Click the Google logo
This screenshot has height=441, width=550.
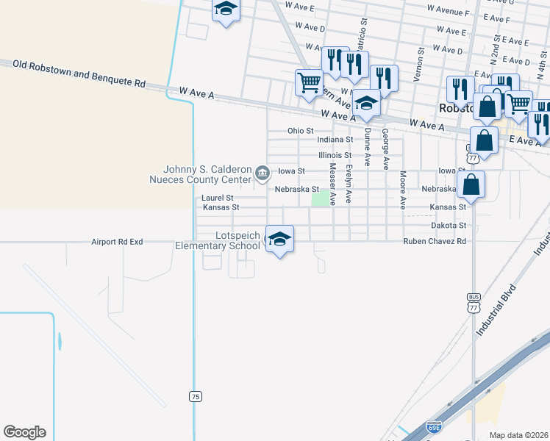[24, 432]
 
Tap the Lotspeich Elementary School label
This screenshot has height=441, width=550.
[218, 240]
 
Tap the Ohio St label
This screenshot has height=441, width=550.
[300, 130]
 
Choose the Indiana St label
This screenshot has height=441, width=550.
[335, 140]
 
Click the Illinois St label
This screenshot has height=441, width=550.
[335, 155]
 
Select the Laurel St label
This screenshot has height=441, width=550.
[217, 198]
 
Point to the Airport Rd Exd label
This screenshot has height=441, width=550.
[116, 241]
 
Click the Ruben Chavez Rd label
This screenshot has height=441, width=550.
[434, 241]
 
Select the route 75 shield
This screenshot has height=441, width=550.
[195, 397]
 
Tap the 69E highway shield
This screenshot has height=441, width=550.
[435, 426]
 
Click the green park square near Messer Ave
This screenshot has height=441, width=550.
[320, 198]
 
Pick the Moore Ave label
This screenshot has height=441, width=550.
[403, 190]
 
